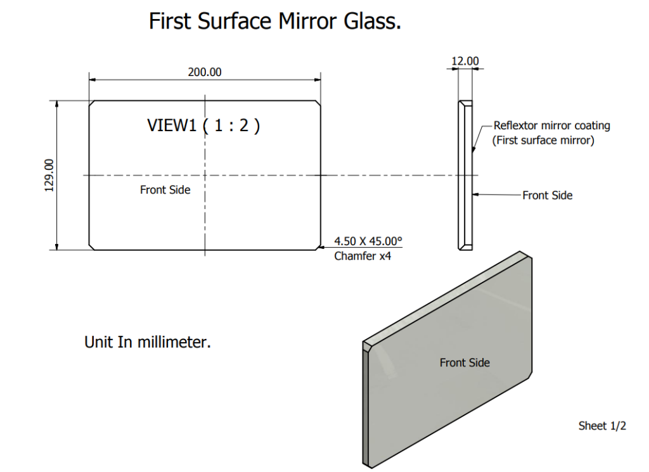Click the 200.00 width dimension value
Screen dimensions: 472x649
[205, 72]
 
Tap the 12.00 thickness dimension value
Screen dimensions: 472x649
[465, 61]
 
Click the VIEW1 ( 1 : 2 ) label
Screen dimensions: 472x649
[203, 125]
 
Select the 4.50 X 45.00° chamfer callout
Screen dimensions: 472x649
[368, 241]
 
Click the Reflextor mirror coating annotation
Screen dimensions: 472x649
[551, 125]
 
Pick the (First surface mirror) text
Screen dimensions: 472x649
[543, 140]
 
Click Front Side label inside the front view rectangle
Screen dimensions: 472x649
[165, 189]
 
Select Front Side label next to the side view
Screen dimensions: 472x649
[547, 196]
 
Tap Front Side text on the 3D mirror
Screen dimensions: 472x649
[465, 362]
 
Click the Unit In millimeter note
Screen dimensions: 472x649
[148, 342]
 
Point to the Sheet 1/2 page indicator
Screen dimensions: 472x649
[602, 426]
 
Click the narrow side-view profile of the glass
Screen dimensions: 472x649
[465, 175]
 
